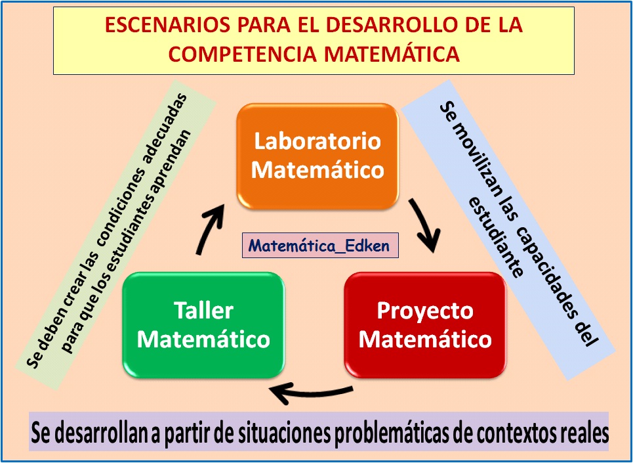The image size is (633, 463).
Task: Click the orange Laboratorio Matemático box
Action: [x=317, y=155]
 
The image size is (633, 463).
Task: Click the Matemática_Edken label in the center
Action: [x=320, y=247]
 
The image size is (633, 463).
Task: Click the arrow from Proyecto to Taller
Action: [x=308, y=393]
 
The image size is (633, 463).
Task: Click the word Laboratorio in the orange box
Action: [x=317, y=141]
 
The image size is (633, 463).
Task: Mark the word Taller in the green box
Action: [x=203, y=310]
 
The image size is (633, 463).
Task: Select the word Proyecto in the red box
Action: [x=425, y=310]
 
